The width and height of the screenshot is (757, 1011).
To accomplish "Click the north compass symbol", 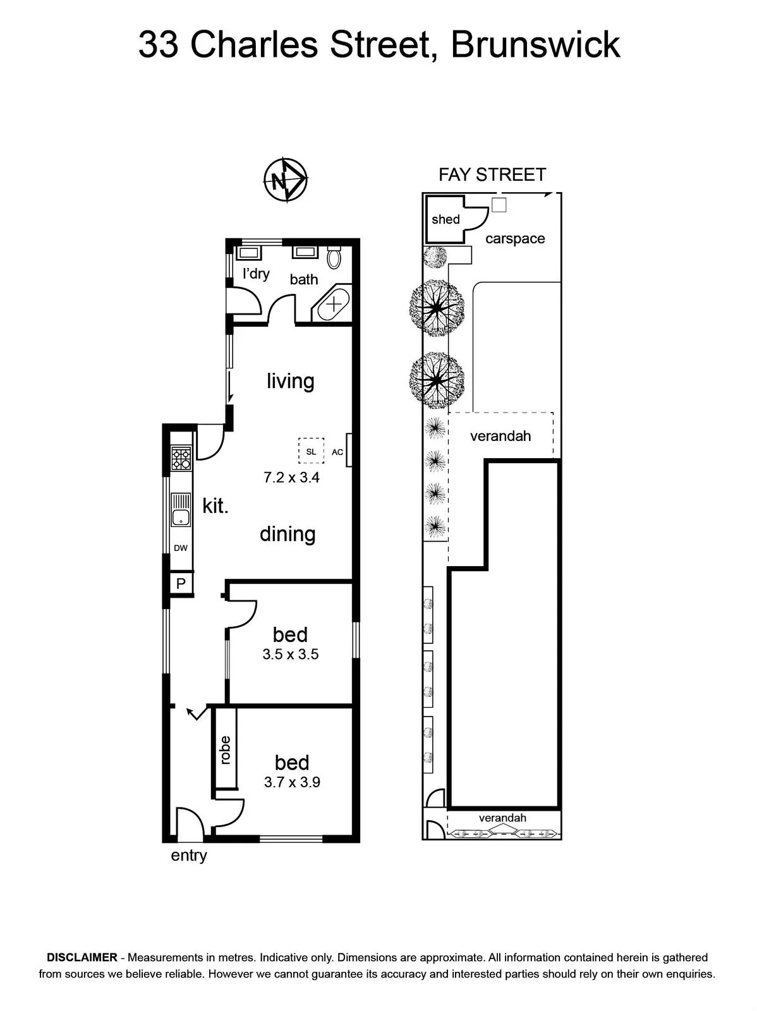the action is (286, 179).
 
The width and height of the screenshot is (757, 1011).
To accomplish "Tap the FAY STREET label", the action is (492, 175).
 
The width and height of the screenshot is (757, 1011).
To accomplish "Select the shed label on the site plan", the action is (445, 219).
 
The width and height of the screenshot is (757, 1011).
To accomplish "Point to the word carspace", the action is (515, 239).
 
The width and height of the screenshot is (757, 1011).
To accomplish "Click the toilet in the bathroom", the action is (334, 257).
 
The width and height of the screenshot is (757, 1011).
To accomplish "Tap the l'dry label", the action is (256, 274).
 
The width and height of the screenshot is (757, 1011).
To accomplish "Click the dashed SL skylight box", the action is (311, 451).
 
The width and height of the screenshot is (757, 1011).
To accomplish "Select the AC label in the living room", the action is (337, 452).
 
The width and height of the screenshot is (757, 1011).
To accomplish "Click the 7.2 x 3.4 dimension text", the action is (291, 477).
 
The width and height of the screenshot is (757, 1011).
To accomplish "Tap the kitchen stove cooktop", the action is (181, 458).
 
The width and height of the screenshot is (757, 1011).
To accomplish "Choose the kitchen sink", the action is (181, 510).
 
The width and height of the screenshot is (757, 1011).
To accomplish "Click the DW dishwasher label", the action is (181, 548).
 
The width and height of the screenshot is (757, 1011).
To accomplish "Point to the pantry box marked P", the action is (181, 584).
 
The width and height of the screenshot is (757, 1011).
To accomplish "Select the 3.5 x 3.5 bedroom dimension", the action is (291, 654).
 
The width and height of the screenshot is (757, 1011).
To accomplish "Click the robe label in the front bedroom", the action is (225, 750).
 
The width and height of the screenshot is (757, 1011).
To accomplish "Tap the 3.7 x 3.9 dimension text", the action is (292, 782).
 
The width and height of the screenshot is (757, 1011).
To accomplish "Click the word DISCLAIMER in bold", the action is (82, 957).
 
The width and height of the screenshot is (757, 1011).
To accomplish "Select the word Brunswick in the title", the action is (535, 45).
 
